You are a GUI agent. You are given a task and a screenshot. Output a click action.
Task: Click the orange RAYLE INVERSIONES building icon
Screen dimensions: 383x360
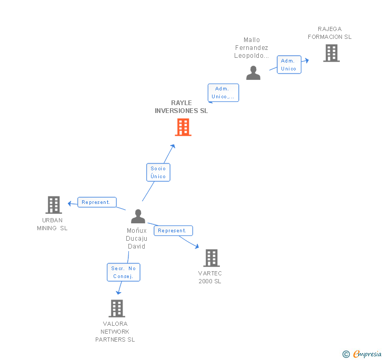(x=183, y=127)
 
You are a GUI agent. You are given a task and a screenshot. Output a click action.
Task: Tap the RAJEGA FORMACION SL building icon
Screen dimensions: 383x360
(x=331, y=53)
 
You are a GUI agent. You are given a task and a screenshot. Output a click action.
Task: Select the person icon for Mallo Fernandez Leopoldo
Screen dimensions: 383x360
(x=253, y=73)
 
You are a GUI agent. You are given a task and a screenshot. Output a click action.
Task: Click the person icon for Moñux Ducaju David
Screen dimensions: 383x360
(x=138, y=217)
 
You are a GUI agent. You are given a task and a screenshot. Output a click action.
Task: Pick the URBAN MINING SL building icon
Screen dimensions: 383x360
(x=53, y=205)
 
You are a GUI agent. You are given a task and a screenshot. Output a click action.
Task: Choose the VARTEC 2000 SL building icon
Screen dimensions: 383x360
(x=211, y=258)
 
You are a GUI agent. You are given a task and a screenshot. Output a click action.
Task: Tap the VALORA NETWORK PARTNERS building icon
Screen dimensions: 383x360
(x=116, y=308)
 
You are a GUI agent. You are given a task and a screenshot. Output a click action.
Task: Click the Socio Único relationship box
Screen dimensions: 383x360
(x=158, y=172)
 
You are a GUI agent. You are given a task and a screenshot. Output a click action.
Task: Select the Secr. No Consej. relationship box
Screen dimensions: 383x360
(x=124, y=272)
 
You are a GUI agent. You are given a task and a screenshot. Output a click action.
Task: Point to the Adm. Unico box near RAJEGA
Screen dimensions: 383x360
(x=289, y=65)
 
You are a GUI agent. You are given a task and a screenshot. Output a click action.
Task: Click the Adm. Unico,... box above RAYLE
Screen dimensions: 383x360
(x=223, y=92)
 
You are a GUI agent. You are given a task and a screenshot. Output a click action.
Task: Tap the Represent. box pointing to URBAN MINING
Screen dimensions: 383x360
(x=97, y=202)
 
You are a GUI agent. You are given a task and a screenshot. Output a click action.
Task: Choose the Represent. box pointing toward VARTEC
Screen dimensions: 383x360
(x=173, y=231)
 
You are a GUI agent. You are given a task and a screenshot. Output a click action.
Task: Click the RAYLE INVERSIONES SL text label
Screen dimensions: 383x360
(x=181, y=107)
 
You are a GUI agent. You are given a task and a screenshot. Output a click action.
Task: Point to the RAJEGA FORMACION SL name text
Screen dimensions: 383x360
(x=329, y=33)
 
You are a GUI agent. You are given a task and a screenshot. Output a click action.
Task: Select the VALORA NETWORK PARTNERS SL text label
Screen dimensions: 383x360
(x=115, y=332)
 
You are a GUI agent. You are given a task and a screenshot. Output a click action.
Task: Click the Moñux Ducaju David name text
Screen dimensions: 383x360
(x=136, y=239)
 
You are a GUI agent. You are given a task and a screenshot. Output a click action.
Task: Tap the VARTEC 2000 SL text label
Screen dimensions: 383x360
(x=210, y=277)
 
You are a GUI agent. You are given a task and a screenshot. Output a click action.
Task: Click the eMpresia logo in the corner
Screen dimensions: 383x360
(x=367, y=354)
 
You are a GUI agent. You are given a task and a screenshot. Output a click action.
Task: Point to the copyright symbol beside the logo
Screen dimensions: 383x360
(x=346, y=354)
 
